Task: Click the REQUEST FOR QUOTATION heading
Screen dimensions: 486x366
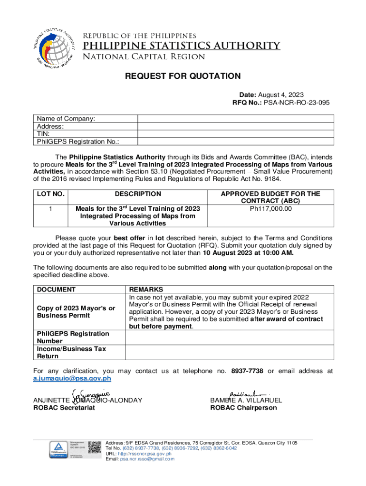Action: click(183, 76)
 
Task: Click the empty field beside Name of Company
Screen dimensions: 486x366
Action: click(235, 119)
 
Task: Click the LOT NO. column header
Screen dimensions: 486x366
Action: click(50, 194)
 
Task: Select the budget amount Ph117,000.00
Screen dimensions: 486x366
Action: click(271, 208)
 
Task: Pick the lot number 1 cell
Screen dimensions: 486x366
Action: click(50, 208)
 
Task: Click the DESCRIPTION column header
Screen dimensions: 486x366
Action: click(138, 194)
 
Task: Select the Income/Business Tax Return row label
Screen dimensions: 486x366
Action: click(71, 352)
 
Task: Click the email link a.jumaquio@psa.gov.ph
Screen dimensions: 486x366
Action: click(72, 378)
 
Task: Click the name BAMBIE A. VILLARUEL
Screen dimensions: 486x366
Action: click(246, 400)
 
